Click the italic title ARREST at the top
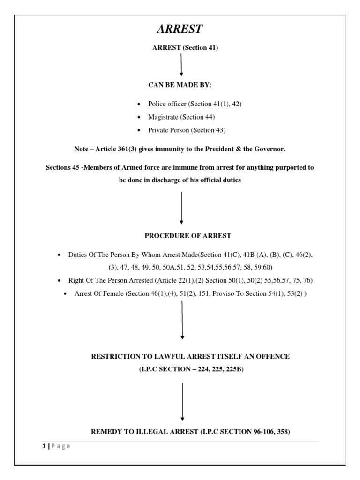coord(180,29)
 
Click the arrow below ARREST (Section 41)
coord(181,64)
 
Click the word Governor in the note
coord(271,149)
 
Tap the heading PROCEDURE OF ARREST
coord(181,235)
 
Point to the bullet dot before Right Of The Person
coord(60,281)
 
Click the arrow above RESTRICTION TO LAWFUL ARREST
coord(182,320)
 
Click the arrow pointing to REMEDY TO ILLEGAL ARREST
coord(182,402)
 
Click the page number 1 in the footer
coord(42,446)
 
